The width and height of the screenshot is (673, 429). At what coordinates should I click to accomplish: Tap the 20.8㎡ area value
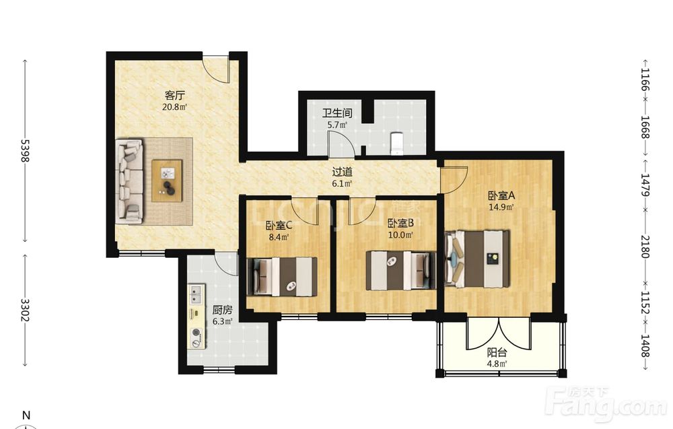(x=174, y=107)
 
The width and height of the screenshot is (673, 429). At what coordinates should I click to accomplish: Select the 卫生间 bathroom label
(x=337, y=113)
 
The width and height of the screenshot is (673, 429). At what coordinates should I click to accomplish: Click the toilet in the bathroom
(x=396, y=143)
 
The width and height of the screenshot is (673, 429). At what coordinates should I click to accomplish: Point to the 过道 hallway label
(x=343, y=172)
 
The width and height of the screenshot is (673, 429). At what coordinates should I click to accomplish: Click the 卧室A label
(x=501, y=196)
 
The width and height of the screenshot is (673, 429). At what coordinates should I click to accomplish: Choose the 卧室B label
(x=400, y=224)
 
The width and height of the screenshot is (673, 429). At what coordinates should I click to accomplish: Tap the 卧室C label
(x=279, y=224)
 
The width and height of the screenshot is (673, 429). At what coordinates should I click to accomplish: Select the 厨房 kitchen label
(x=222, y=310)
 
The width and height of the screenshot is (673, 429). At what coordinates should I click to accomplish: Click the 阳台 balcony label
(x=497, y=353)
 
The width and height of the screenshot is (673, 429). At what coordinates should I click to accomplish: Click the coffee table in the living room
(x=168, y=180)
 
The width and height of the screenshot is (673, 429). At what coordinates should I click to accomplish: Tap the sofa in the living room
(x=130, y=180)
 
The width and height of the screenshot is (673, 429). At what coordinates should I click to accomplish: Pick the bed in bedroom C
(x=282, y=277)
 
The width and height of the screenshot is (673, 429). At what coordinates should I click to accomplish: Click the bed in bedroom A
(x=477, y=259)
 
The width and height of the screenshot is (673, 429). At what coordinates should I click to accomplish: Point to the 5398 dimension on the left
(x=25, y=151)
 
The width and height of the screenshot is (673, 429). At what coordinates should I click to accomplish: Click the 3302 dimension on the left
(x=25, y=310)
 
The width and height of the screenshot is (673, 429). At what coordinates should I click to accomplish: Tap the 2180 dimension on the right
(x=645, y=246)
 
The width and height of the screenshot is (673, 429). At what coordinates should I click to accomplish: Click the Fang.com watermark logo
(x=607, y=402)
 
